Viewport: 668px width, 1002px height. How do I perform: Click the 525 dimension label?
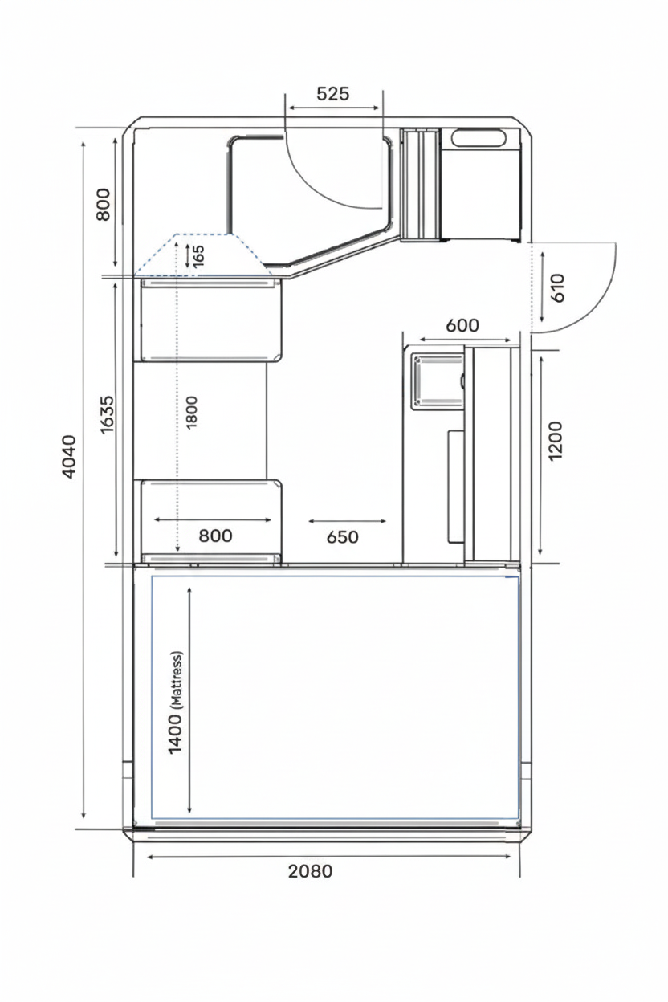[x=332, y=94]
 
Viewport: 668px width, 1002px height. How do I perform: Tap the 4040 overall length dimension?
[x=69, y=456]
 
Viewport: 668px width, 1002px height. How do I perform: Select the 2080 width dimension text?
[x=310, y=880]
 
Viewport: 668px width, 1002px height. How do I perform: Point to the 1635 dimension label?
[x=108, y=414]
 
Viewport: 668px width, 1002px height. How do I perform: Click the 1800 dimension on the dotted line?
[x=192, y=412]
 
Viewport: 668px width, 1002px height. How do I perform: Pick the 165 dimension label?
[x=198, y=255]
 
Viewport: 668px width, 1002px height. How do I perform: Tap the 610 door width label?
[x=557, y=288]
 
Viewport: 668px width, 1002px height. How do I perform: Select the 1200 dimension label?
[x=555, y=441]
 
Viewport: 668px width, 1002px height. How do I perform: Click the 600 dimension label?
[x=462, y=325]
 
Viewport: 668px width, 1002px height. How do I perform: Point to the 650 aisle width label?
[x=343, y=537]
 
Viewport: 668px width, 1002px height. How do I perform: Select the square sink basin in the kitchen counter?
[x=437, y=381]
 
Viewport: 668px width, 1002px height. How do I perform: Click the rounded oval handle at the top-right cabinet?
[x=479, y=137]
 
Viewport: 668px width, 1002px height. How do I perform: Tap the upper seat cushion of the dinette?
[x=212, y=320]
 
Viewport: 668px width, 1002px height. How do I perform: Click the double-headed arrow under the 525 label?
[x=334, y=108]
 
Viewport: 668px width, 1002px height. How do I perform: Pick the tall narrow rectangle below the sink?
[x=456, y=487]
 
